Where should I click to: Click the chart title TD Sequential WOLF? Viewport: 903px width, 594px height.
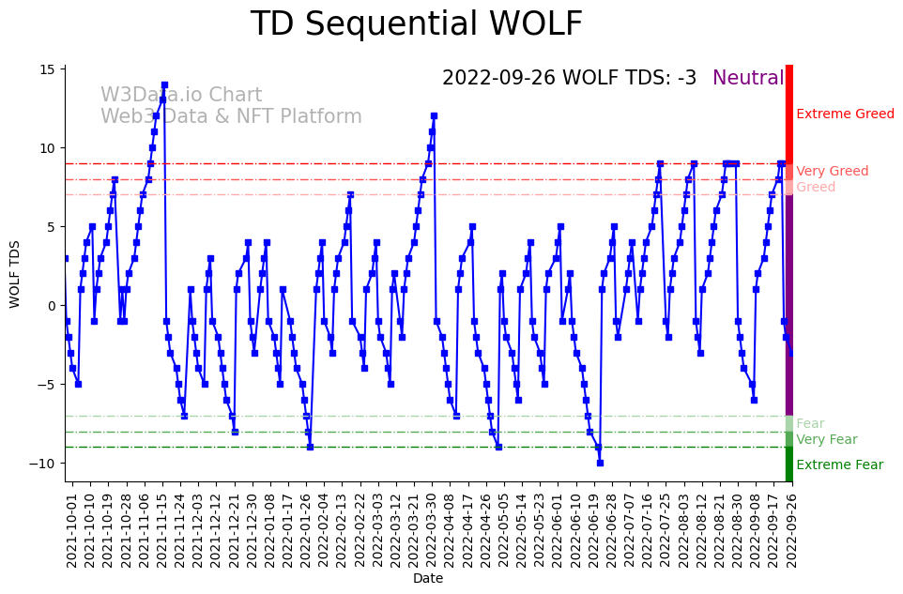coord(416,24)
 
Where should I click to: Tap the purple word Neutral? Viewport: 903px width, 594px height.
coord(748,79)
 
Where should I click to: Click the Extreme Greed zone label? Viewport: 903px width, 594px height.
coord(845,114)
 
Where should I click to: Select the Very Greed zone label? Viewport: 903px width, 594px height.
coord(832,172)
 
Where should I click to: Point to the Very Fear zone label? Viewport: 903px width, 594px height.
coord(826,440)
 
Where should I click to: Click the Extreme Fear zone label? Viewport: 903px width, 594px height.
coord(839,465)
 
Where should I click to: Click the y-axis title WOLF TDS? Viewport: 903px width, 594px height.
coord(15,273)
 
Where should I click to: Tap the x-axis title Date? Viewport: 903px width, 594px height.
coord(428,579)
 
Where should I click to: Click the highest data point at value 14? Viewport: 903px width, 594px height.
coord(164,84)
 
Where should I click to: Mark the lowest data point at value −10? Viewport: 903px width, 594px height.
coord(600,463)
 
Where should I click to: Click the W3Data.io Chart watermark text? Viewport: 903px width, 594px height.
coord(181,96)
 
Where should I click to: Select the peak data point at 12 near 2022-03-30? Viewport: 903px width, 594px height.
coord(434,116)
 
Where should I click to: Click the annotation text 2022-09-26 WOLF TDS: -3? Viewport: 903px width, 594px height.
coord(569,79)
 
